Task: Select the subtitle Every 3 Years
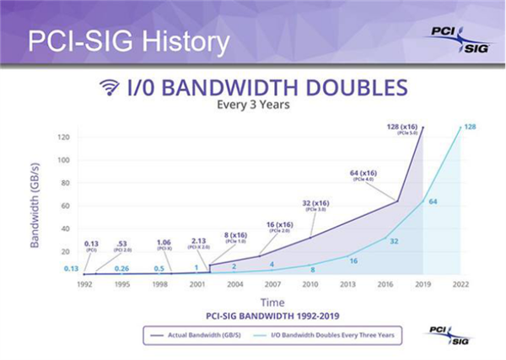coord(254,107)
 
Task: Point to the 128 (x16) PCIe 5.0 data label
coord(401,128)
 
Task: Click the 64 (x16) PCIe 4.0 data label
coord(366,176)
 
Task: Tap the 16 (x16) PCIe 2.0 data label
coord(280,227)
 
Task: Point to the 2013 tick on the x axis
coord(346,285)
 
